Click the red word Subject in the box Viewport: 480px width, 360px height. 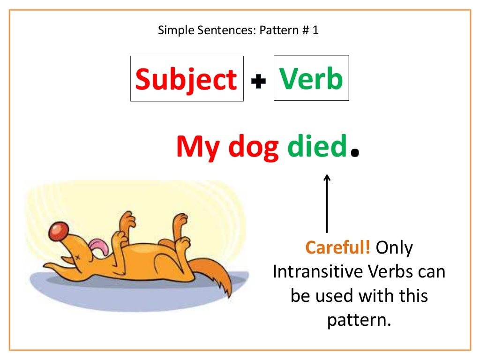(x=186, y=79)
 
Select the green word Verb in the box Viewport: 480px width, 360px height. (x=311, y=78)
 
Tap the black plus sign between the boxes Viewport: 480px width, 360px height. (x=258, y=82)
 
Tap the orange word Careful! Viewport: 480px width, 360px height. (x=338, y=247)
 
